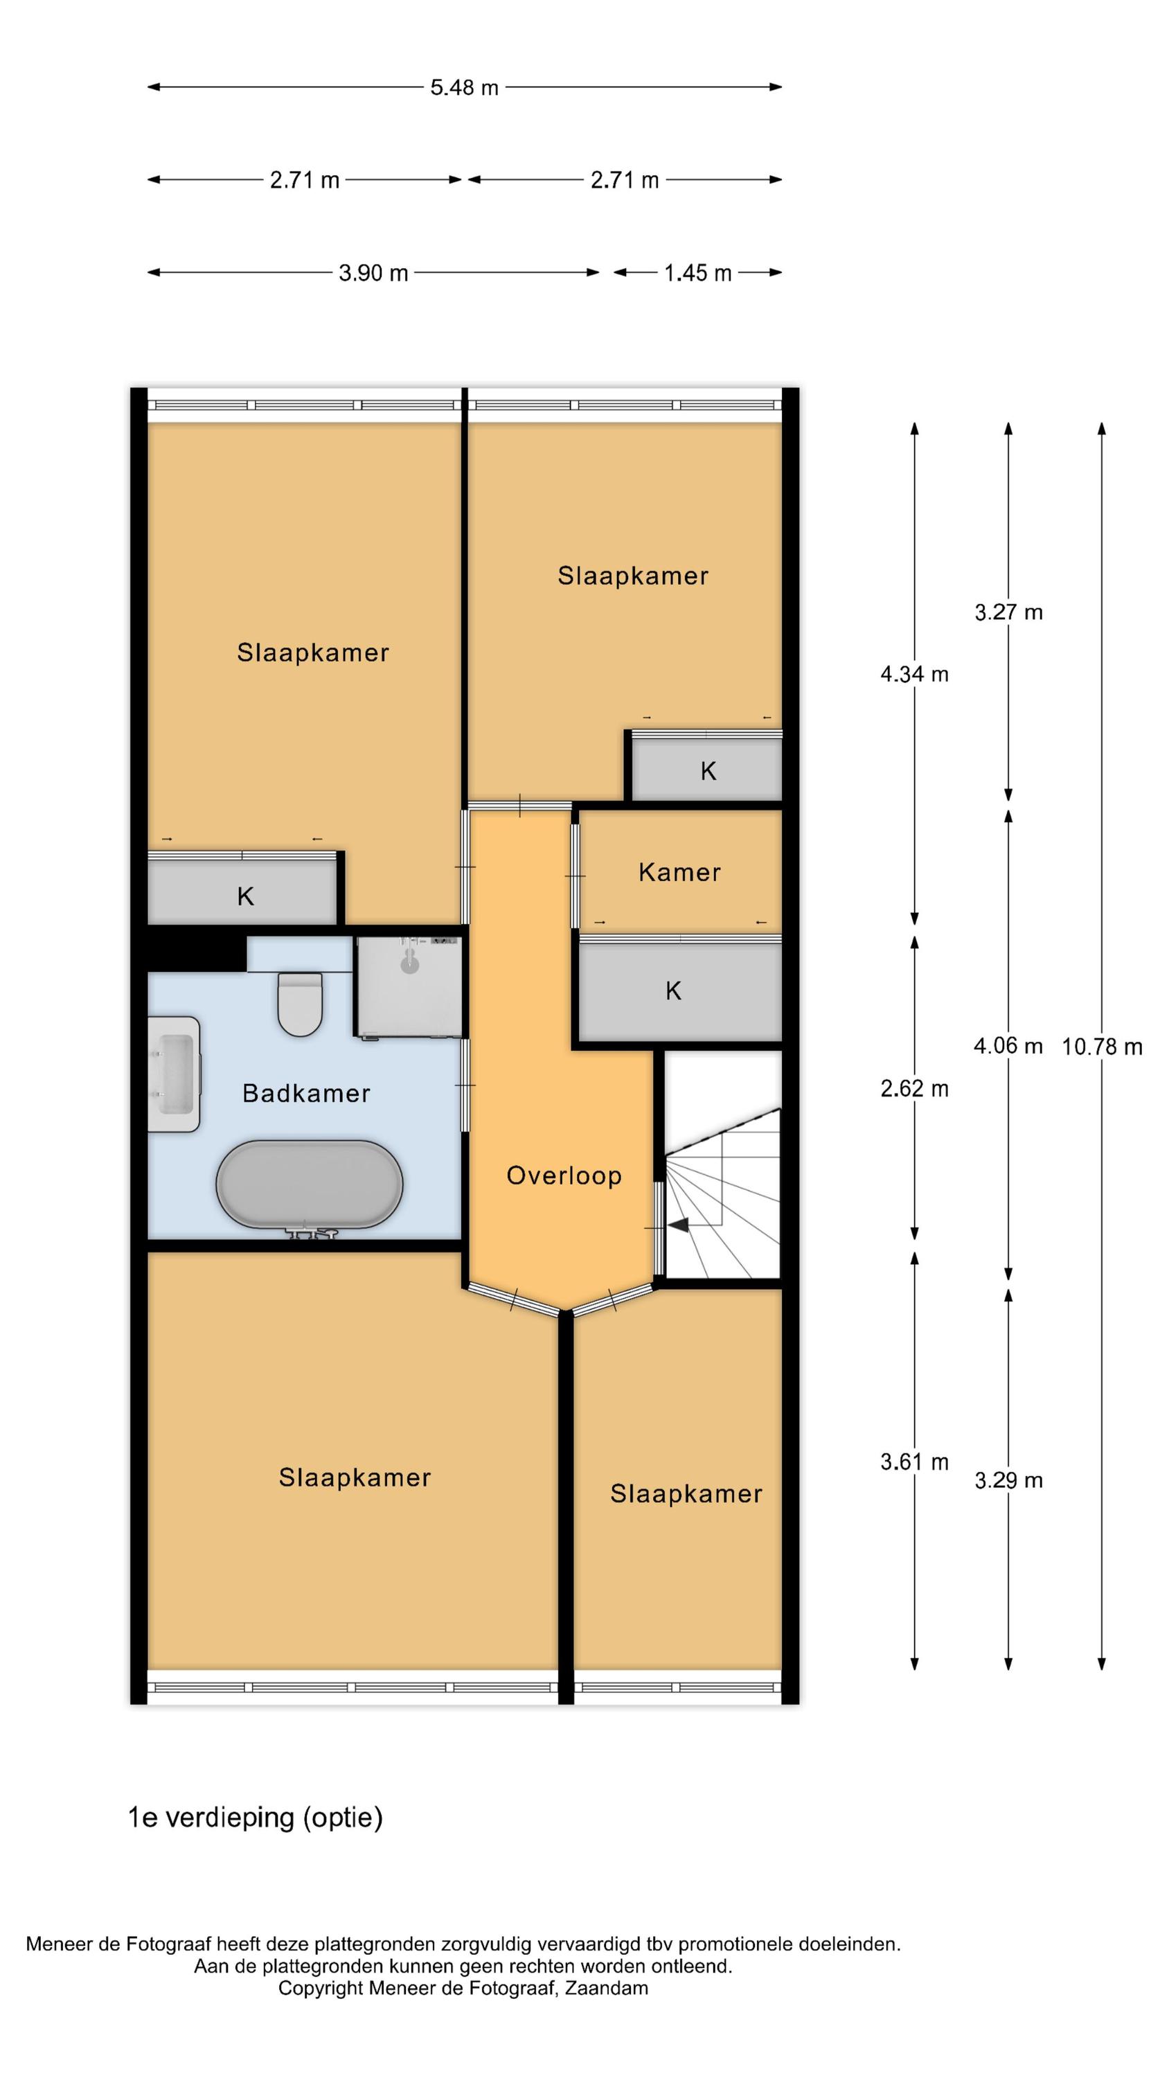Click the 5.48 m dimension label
pos(464,87)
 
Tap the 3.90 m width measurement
pos(373,273)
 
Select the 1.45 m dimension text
pos(697,273)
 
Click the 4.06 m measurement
pos(1008,1046)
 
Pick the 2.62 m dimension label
pos(914,1089)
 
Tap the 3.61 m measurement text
pos(914,1462)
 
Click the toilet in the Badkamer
pos(299,1004)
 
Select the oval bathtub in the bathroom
pos(309,1185)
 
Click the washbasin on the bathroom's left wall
pos(173,1074)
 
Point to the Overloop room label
pos(564,1176)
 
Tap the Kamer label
pos(679,872)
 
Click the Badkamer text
pos(307,1093)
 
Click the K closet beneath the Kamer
pos(680,991)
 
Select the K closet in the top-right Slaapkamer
pos(706,770)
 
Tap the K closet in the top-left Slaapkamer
pos(242,891)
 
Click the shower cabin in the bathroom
pos(409,986)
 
